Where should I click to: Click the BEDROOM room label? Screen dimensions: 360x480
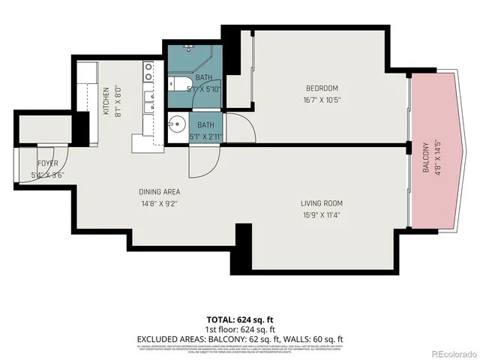322,88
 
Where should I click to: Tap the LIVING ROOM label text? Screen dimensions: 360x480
321,203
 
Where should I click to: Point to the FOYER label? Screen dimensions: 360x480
48,163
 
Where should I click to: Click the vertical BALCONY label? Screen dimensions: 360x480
425,157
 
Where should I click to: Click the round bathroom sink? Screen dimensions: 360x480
178,125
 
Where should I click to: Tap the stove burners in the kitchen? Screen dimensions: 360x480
149,72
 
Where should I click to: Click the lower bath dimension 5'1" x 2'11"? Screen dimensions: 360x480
206,136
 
